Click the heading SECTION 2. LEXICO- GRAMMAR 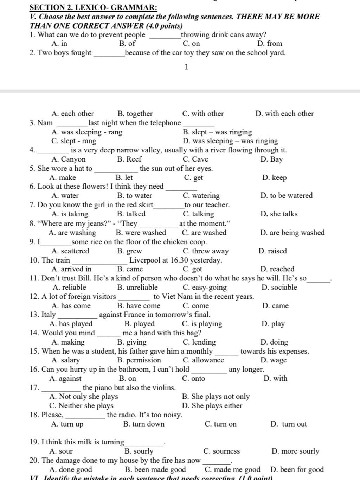click(x=94, y=7)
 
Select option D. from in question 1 click(x=270, y=44)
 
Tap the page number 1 click(x=186, y=67)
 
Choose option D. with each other click(x=284, y=114)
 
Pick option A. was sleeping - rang click(x=87, y=132)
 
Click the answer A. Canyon click(x=69, y=159)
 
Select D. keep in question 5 click(x=274, y=178)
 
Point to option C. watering click(x=201, y=196)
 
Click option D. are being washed click(x=292, y=233)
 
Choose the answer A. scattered click(x=70, y=251)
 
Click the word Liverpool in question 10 click(x=144, y=260)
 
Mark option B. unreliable click(x=137, y=288)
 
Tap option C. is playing click(x=202, y=324)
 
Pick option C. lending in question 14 click(x=199, y=342)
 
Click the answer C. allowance click(x=203, y=360)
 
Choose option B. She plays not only click(x=216, y=397)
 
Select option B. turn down click(x=144, y=424)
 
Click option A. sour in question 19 click(x=61, y=451)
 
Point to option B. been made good click(x=155, y=469)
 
